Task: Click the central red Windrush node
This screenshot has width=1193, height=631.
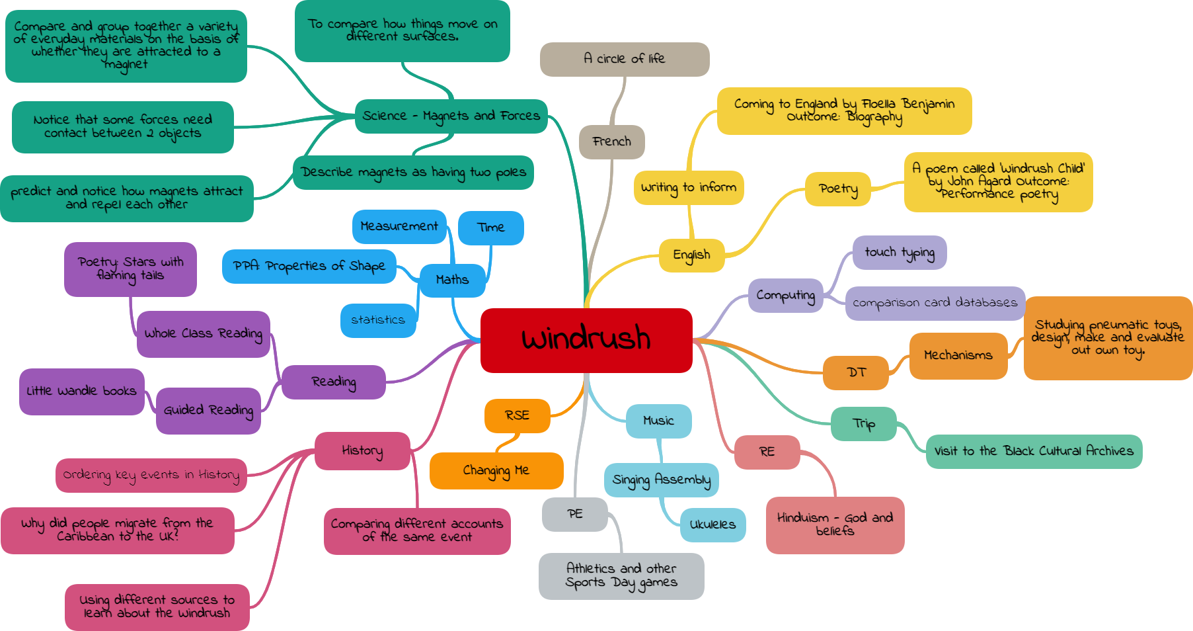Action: pos(586,340)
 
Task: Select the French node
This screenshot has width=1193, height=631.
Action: pos(611,142)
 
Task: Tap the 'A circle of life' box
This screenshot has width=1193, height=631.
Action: pos(624,59)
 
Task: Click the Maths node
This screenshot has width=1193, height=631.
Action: pos(452,280)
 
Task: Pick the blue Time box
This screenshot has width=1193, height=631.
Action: pos(490,228)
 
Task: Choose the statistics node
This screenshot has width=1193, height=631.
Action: pos(378,320)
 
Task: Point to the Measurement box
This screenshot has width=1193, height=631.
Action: pos(399,226)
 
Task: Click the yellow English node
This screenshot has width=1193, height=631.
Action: pos(691,255)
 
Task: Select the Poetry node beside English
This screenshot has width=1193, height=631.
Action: pos(838,189)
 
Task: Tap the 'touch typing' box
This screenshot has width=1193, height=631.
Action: pos(899,253)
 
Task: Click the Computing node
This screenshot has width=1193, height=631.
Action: pos(785,295)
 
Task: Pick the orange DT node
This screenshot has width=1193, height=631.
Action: pos(856,372)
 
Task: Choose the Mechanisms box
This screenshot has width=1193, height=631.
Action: pos(958,356)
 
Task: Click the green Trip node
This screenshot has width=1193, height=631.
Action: pos(864,424)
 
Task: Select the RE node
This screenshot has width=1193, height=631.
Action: pos(767,452)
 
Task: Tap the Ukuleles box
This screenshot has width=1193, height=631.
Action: pos(712,525)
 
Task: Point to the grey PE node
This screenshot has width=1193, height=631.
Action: pos(574,514)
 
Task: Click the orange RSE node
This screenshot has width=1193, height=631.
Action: pos(517,415)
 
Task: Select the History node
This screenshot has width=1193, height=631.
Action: pos(362,451)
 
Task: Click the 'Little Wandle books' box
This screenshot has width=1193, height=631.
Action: pos(81,392)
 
